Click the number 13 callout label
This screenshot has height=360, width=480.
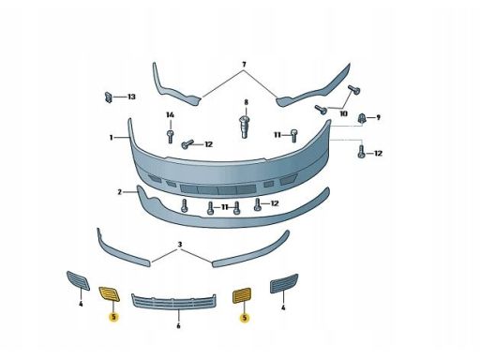coord(131,97)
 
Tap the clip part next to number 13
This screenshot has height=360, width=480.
coord(109,97)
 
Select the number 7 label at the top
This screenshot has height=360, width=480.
coord(244,65)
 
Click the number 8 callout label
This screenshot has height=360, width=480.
coord(246,102)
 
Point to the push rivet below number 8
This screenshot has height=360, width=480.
coord(246,127)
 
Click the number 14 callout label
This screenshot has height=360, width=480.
coord(170,115)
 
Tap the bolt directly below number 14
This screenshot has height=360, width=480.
coord(171,137)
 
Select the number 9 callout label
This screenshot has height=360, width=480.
coord(378,118)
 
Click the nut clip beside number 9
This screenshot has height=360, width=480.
coord(362,118)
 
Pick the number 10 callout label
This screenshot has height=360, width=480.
coord(343,113)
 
